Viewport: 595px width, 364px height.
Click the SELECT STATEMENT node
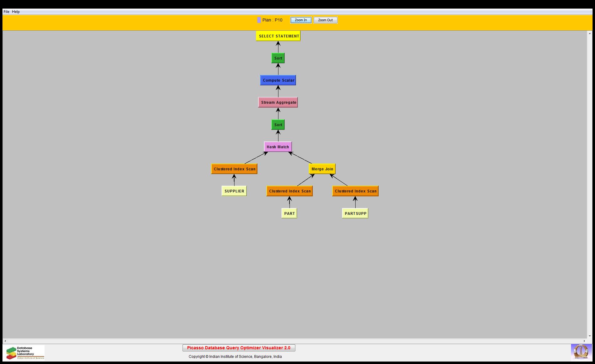pos(278,36)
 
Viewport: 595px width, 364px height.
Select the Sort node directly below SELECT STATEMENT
pos(278,58)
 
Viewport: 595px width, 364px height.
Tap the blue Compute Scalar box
pos(278,80)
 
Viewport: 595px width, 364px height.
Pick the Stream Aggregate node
pos(278,102)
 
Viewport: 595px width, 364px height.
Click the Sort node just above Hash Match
pos(278,125)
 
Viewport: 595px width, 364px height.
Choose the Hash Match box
pos(278,147)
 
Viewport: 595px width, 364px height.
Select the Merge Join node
pos(322,169)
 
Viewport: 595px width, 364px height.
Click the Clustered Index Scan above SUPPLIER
pos(234,169)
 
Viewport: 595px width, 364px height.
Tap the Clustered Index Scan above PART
pos(290,191)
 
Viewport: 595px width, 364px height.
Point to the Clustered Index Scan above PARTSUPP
pos(355,191)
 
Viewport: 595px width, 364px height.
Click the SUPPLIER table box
pos(234,191)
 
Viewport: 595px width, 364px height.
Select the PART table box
pos(289,213)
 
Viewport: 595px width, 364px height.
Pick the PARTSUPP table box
pos(355,213)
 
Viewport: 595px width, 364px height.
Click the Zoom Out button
pos(325,20)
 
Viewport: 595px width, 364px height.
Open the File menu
pos(6,12)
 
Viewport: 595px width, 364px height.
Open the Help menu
pos(16,12)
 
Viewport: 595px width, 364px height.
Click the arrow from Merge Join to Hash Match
pos(300,158)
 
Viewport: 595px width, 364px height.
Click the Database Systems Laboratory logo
pos(25,353)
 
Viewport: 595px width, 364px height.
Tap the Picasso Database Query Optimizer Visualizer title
pos(239,348)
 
